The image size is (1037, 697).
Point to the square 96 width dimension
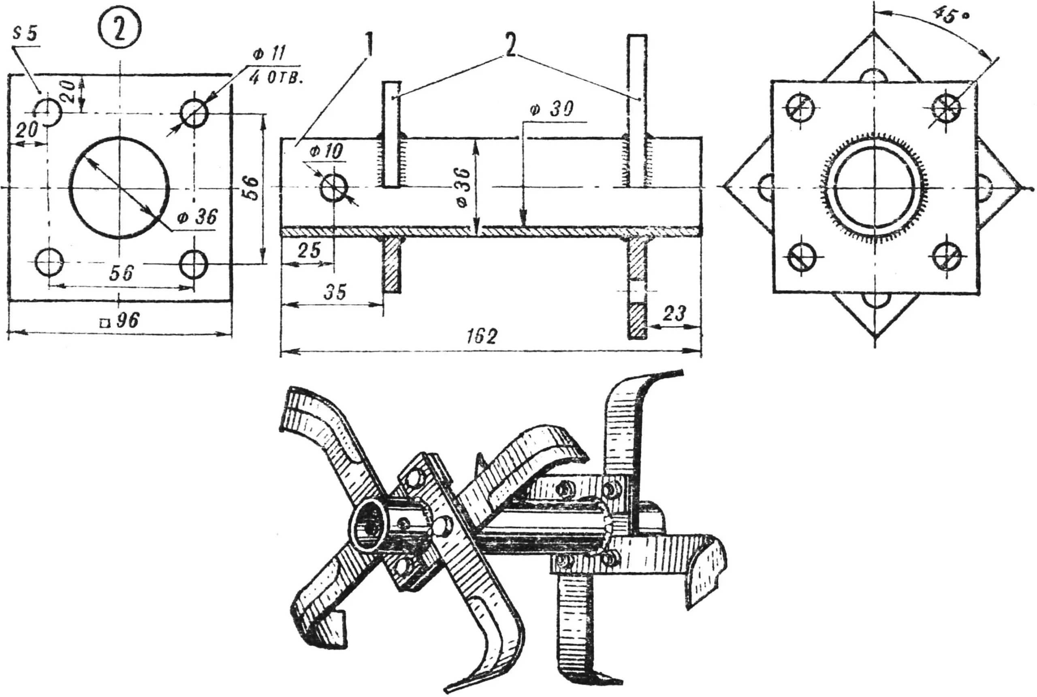click(x=120, y=320)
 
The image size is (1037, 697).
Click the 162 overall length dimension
click(x=482, y=337)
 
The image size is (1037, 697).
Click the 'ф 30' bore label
click(x=551, y=109)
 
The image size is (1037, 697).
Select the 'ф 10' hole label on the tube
click(x=326, y=152)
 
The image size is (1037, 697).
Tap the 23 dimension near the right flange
click(x=674, y=314)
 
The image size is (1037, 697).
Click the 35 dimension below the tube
click(x=335, y=292)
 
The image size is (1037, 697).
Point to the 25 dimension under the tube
click(x=309, y=251)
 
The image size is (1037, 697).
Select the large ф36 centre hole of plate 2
click(x=119, y=187)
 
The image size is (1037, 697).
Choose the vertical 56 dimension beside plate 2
click(x=252, y=188)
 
